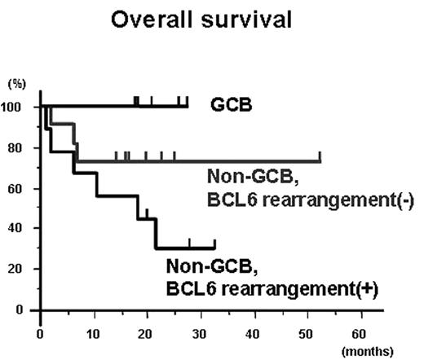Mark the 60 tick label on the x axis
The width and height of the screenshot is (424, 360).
(358, 332)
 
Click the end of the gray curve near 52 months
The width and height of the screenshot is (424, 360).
(320, 161)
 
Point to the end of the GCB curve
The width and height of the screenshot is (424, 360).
(188, 105)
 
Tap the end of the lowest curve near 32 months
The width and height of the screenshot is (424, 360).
(214, 248)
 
